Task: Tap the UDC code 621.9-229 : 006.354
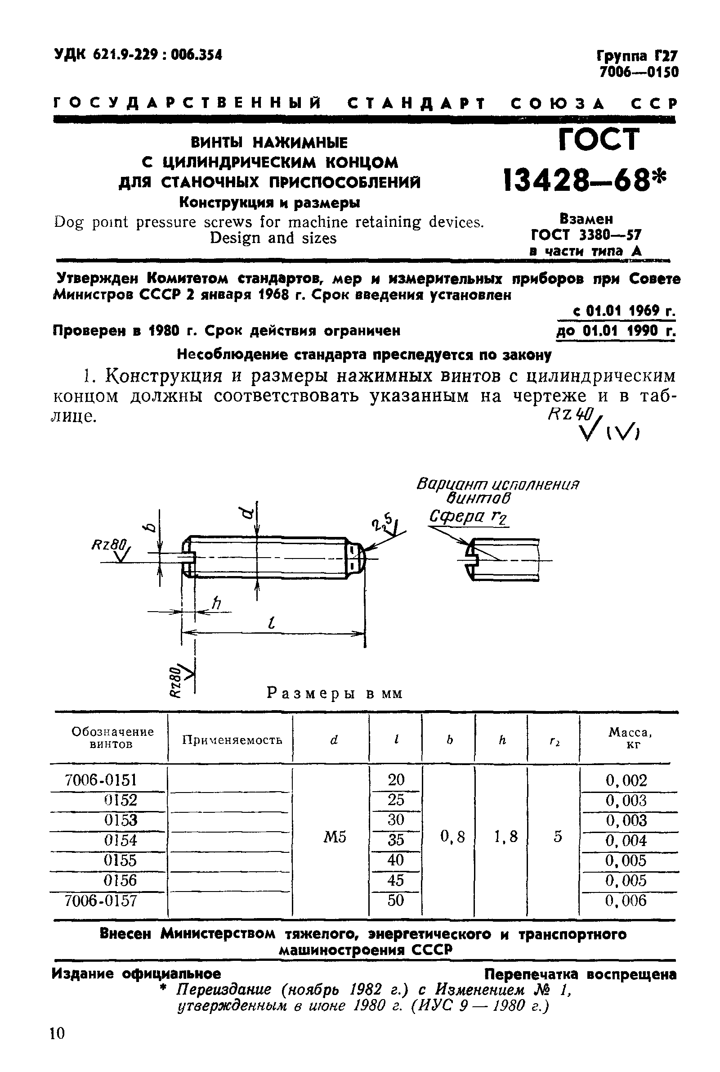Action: coord(138,55)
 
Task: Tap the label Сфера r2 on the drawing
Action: coord(467,517)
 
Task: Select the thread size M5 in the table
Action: coord(334,837)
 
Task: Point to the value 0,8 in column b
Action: coord(452,837)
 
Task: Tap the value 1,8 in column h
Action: coord(505,837)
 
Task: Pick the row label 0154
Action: coord(121,840)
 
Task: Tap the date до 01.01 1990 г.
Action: coord(615,330)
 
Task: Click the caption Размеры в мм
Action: coord(334,694)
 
